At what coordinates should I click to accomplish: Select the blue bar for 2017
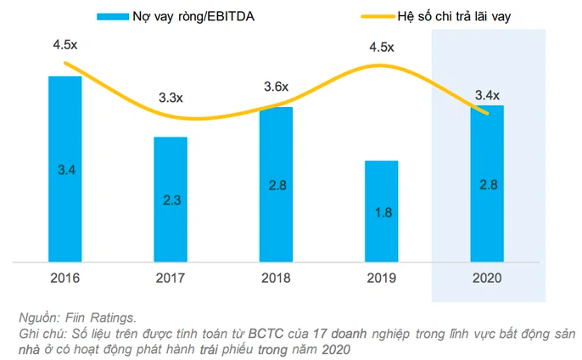click(171, 199)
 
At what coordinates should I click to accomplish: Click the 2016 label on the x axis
click(64, 278)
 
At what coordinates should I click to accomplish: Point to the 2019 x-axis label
click(381, 278)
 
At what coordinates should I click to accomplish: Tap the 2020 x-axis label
click(487, 278)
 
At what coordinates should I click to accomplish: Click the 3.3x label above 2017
click(171, 98)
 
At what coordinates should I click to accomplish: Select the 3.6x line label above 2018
click(276, 87)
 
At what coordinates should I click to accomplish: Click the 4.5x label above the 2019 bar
click(381, 48)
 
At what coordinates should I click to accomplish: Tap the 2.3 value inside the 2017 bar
click(171, 200)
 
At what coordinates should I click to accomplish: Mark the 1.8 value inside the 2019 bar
click(381, 211)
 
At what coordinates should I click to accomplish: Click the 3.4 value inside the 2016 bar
click(64, 170)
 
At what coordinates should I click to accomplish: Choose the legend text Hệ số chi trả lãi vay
click(459, 15)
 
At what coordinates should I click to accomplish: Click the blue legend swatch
click(111, 15)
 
